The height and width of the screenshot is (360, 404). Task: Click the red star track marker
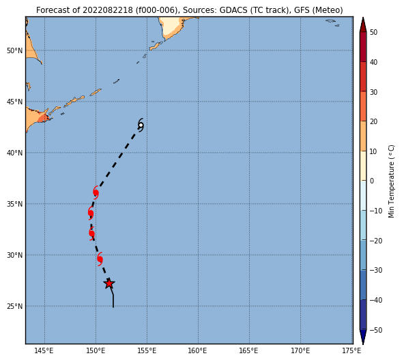click(x=109, y=284)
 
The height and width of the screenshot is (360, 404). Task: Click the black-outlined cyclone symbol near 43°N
click(x=141, y=125)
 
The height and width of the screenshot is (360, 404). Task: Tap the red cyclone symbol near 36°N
click(x=96, y=192)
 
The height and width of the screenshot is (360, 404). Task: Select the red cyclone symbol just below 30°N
click(x=100, y=259)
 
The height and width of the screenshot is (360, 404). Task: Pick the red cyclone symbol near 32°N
click(x=91, y=233)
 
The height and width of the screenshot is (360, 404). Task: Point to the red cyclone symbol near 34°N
click(x=91, y=213)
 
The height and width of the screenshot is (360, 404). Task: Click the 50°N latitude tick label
click(x=15, y=50)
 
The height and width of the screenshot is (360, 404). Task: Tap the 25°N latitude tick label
click(x=15, y=306)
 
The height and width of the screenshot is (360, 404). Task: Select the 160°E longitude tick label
click(x=198, y=350)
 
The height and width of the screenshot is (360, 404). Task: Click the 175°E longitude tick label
click(x=352, y=350)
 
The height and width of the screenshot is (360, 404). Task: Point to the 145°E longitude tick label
click(x=44, y=350)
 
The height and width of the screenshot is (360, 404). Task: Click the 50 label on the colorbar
click(x=373, y=33)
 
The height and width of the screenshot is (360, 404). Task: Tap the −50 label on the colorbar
click(x=375, y=330)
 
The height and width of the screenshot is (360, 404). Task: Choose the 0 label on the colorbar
click(x=372, y=181)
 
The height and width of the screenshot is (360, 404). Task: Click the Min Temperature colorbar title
click(x=391, y=181)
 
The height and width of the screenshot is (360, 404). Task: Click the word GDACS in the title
click(x=233, y=10)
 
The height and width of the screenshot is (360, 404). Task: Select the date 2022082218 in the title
click(x=108, y=10)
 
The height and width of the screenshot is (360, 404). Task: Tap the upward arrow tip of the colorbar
click(x=363, y=18)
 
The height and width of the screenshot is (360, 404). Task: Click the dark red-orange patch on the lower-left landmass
click(x=43, y=119)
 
